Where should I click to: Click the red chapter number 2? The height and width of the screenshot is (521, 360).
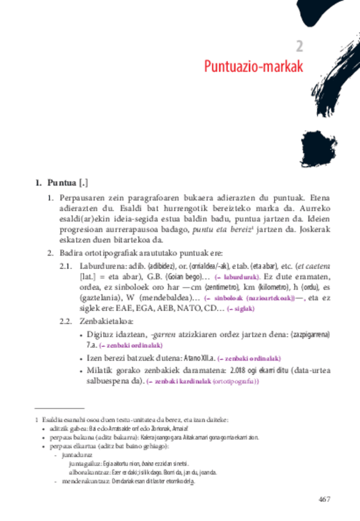299,47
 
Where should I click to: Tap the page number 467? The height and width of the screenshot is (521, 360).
325,499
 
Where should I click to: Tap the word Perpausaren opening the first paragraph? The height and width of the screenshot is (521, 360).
85,198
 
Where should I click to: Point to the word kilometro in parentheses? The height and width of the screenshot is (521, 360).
272,288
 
